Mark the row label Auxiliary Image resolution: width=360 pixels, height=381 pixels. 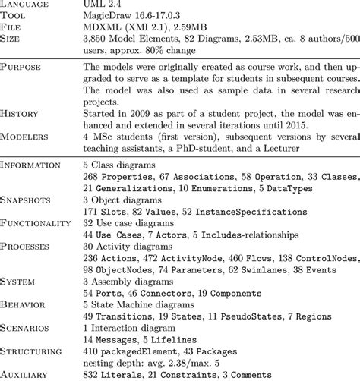[28, 374]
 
